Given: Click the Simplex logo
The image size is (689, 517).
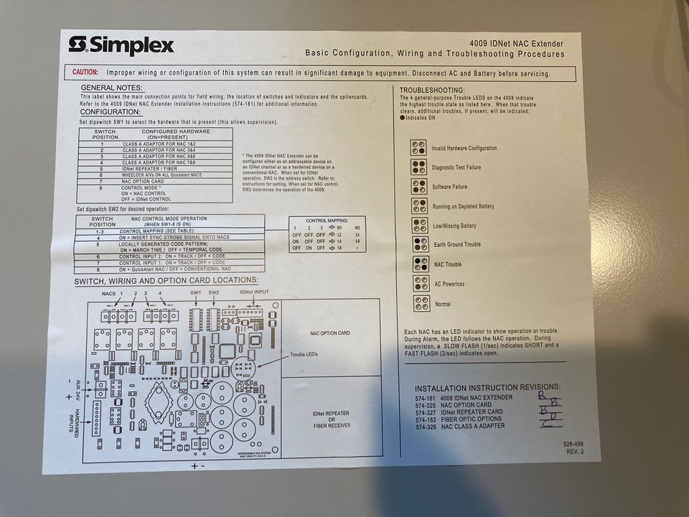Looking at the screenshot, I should tap(121, 46).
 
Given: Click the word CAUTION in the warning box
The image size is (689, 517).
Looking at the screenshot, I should tap(85, 73).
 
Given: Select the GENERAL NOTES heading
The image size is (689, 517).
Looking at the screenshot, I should tap(111, 87).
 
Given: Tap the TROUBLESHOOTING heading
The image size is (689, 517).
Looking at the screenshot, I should tap(431, 90).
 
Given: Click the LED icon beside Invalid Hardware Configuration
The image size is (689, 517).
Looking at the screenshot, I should tap(419, 148).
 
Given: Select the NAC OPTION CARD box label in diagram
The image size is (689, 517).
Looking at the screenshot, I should tap(329, 333).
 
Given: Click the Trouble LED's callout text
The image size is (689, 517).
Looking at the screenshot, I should tap(307, 355).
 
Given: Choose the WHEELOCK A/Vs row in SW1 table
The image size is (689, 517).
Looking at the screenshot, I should tap(161, 175).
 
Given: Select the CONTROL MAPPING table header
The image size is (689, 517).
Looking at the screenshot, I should tap(327, 220).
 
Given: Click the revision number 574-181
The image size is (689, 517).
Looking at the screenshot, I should tap(426, 397).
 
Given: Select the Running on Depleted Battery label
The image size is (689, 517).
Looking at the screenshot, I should tap(463, 206).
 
